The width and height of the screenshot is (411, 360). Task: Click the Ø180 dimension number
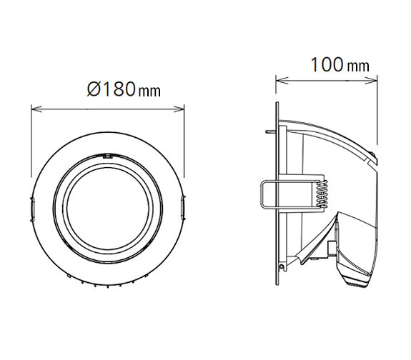tap(112, 89)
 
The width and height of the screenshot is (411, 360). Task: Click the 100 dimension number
tap(327, 65)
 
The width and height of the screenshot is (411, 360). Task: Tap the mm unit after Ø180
tap(149, 91)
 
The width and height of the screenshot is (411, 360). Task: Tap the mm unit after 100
tap(358, 66)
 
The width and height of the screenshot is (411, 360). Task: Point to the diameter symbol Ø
tap(94, 89)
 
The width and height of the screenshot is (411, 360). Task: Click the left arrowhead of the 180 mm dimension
tap(36, 109)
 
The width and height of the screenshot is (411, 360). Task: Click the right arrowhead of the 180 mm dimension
tap(179, 109)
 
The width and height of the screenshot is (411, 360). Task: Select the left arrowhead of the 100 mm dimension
tap(282, 81)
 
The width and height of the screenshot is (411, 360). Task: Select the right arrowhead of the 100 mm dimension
tap(372, 81)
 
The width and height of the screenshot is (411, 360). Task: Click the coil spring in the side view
tap(322, 194)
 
